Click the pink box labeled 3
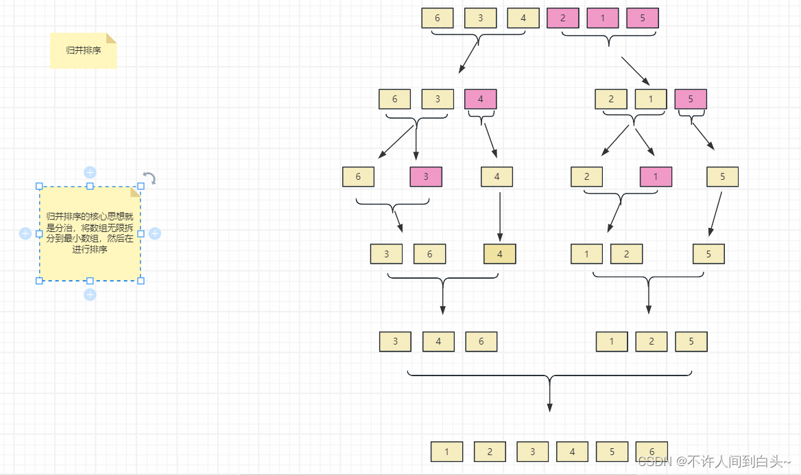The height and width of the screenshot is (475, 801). [x=426, y=177]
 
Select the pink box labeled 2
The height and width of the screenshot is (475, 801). [x=563, y=19]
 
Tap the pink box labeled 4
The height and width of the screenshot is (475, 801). [x=480, y=100]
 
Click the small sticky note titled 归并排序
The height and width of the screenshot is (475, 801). [x=83, y=51]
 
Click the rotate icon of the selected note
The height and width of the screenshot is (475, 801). [x=150, y=178]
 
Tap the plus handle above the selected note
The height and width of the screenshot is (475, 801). [x=90, y=172]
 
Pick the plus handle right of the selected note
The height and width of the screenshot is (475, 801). [x=155, y=233]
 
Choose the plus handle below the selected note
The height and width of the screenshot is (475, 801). [x=90, y=294]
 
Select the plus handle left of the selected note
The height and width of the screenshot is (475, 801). [x=25, y=233]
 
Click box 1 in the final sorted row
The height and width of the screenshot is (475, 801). [x=447, y=452]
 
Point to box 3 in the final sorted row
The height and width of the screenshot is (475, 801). [x=532, y=452]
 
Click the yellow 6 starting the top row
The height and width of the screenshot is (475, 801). [x=438, y=19]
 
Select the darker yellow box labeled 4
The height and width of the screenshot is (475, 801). [x=499, y=254]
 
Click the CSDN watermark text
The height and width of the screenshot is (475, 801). [x=713, y=461]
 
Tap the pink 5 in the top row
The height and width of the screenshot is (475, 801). [x=643, y=19]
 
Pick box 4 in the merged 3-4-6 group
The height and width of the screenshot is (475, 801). [x=438, y=342]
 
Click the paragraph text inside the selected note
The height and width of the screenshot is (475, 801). [x=90, y=233]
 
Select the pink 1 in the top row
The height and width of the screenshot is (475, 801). [x=603, y=19]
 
